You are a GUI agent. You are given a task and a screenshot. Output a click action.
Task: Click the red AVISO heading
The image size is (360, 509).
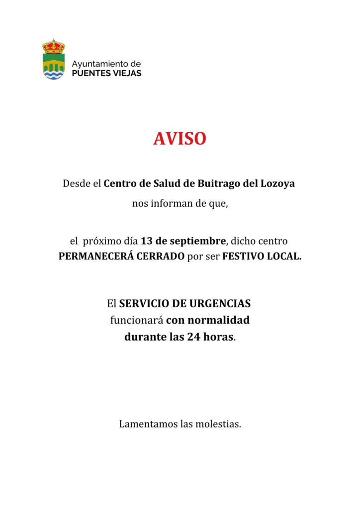coord(180,139)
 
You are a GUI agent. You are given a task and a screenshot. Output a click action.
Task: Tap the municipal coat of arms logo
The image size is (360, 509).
coord(54,60)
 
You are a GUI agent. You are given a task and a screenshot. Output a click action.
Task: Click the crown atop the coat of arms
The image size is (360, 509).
coord(54,46)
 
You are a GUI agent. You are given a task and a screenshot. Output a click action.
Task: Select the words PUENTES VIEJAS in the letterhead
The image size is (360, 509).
coord(106,74)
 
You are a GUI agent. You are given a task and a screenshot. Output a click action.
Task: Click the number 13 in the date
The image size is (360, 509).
coord(146,241)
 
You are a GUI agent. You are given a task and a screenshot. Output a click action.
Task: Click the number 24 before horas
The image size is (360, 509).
coord(193,337)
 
